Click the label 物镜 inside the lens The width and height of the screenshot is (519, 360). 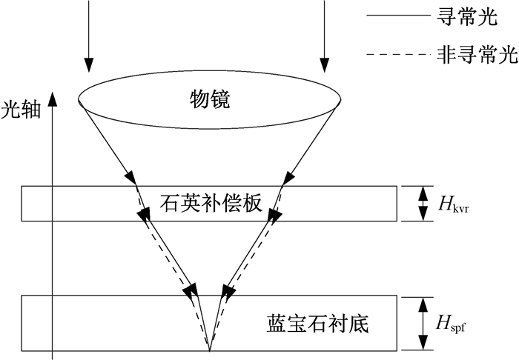pos(209,99)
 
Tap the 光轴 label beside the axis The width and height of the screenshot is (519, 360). pos(21,110)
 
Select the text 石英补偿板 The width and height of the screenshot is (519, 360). pos(211,203)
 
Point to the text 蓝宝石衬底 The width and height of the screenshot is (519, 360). pos(317,323)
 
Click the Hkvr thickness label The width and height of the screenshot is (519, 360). pos(454,204)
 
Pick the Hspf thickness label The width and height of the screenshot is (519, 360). pos(452,323)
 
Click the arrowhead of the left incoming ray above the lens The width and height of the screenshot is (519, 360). pos(89,64)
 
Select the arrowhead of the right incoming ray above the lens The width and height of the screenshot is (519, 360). pos(325,64)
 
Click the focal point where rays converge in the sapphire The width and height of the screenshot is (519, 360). pos(209,350)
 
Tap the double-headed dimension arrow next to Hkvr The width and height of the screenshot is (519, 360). pos(422,203)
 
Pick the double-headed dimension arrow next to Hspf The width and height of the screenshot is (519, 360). pos(422,323)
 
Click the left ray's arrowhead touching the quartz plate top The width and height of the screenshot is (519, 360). pos(130,177)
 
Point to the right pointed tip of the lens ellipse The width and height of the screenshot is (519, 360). pos(341,99)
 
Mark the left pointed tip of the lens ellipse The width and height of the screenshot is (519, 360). pos(79,99)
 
